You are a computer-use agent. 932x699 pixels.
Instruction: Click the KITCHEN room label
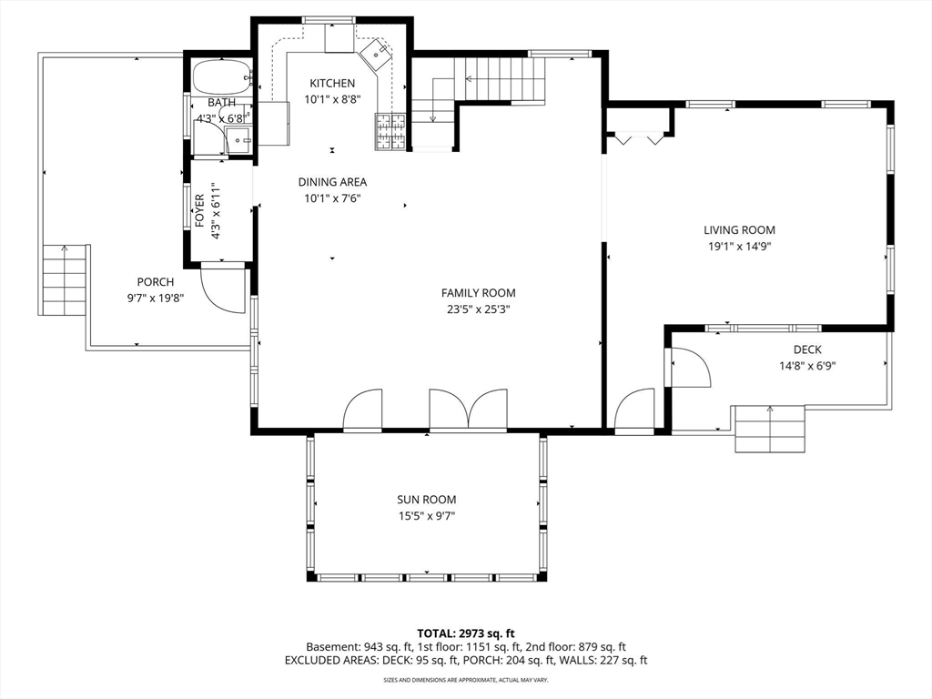pyautogui.click(x=332, y=83)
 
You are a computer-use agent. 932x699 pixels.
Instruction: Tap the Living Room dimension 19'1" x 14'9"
pyautogui.click(x=739, y=247)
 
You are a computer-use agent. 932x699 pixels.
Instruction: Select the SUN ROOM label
pyautogui.click(x=427, y=500)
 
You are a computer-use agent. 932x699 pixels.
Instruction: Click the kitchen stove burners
pyautogui.click(x=390, y=131)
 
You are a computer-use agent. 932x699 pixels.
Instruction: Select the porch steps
pyautogui.click(x=65, y=280)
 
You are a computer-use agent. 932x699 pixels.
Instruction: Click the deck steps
pyautogui.click(x=770, y=430)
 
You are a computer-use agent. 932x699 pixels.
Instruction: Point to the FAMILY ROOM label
pyautogui.click(x=479, y=293)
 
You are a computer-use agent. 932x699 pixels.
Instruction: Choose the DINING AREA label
pyautogui.click(x=332, y=182)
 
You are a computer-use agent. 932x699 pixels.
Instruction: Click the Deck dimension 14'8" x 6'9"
pyautogui.click(x=807, y=366)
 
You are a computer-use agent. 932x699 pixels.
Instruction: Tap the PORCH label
pyautogui.click(x=156, y=282)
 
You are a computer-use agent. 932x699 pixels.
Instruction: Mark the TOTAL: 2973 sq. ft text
pyautogui.click(x=465, y=633)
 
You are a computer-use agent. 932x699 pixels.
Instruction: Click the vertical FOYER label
pyautogui.click(x=199, y=211)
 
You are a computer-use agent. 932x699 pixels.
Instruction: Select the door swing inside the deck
pyautogui.click(x=691, y=368)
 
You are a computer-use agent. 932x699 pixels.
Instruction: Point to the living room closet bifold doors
pyautogui.click(x=639, y=139)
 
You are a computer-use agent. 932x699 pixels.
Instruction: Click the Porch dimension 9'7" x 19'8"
pyautogui.click(x=156, y=299)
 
